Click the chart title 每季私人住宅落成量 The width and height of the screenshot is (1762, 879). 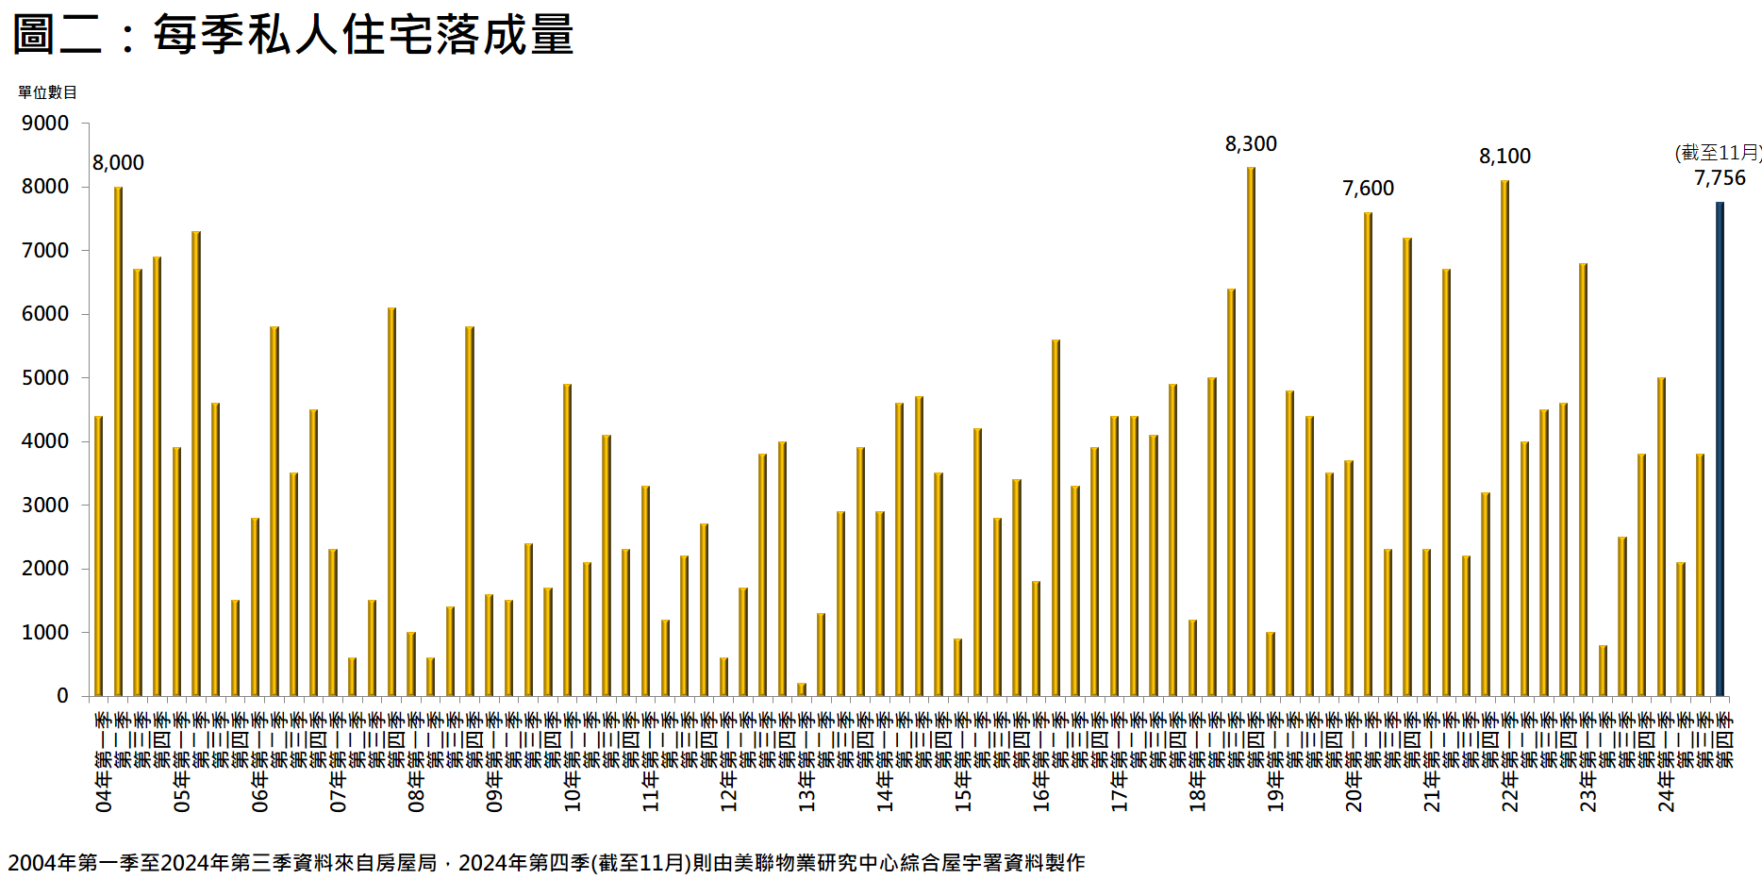[292, 35]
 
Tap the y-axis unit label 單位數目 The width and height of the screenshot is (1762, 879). [47, 92]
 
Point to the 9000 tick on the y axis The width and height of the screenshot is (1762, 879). [45, 124]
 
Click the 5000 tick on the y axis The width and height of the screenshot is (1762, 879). [45, 378]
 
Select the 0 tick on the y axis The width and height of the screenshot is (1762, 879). [62, 696]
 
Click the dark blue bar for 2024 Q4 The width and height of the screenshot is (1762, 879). [1720, 449]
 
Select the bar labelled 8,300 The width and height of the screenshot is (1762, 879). [1251, 432]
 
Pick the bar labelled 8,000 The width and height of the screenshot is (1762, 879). [118, 441]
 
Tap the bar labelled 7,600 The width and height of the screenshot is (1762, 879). [1368, 455]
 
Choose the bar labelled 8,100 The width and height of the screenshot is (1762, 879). [1504, 439]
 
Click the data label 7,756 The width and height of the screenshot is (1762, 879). [1720, 178]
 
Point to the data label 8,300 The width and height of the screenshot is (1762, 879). [1251, 144]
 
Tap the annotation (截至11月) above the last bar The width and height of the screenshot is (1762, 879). [1718, 153]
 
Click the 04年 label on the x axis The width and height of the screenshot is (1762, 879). [104, 792]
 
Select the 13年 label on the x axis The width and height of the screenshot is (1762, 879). [806, 792]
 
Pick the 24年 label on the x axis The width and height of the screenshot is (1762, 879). [1666, 792]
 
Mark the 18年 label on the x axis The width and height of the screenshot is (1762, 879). [1197, 792]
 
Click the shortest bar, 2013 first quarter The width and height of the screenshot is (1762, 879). [802, 689]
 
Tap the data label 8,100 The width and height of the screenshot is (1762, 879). [1504, 157]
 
